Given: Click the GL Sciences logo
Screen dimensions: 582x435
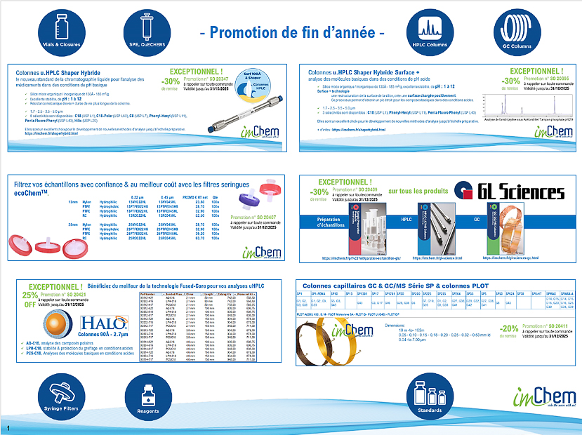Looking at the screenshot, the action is pos(511,192).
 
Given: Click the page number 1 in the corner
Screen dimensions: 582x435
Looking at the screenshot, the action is pos(8,427).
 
